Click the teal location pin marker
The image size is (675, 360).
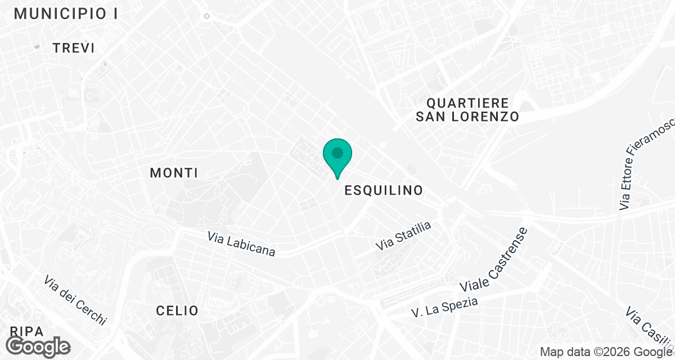[337, 157]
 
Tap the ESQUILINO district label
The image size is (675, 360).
[383, 190]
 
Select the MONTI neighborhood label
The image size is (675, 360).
[174, 173]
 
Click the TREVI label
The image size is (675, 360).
[74, 48]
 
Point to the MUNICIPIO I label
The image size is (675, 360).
[66, 14]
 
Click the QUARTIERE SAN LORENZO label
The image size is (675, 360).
[467, 110]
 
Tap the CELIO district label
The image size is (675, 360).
[177, 310]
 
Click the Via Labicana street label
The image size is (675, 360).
[241, 245]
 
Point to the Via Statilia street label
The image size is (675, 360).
[403, 236]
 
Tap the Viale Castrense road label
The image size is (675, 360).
[494, 259]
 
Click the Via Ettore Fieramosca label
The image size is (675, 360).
[646, 167]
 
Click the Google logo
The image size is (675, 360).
[39, 345]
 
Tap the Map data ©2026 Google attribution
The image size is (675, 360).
[605, 352]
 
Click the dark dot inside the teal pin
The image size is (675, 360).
[337, 152]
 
